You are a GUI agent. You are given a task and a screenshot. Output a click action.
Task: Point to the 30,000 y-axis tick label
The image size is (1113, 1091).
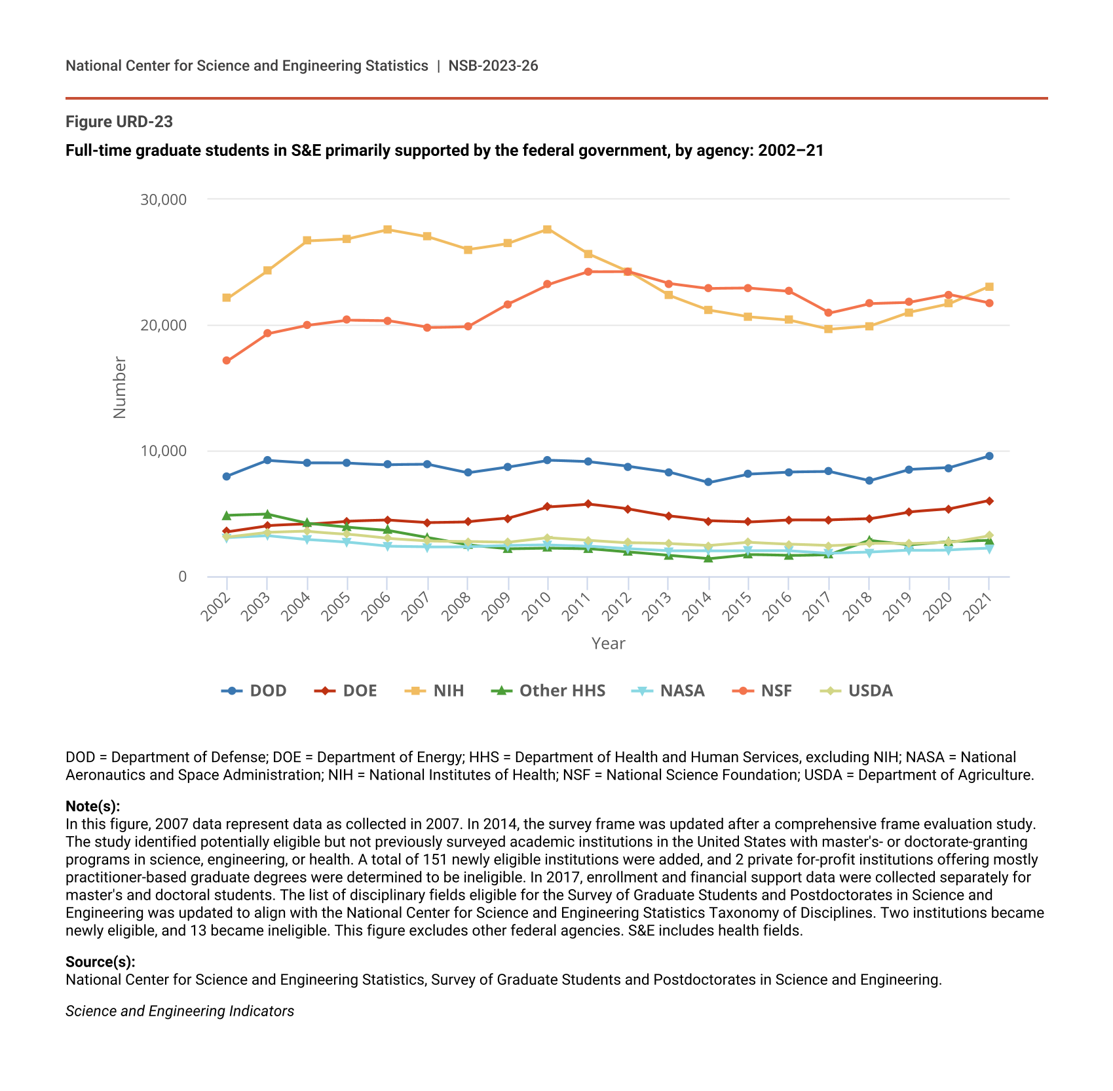click(163, 199)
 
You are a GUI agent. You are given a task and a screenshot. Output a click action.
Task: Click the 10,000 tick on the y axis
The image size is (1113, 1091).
click(163, 451)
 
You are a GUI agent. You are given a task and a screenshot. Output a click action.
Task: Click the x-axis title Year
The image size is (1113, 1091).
click(608, 643)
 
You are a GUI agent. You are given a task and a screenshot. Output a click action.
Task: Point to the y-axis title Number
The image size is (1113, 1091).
click(119, 387)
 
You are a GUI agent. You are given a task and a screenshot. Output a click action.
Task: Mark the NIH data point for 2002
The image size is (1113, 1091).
click(227, 297)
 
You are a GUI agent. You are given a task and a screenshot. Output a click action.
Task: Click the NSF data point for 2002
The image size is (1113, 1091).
click(227, 360)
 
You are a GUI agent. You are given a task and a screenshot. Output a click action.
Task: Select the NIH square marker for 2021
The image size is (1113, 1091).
click(989, 287)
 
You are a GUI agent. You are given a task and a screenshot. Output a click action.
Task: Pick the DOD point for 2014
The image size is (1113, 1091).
click(708, 482)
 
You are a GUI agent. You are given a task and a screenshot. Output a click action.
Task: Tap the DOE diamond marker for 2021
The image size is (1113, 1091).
click(989, 501)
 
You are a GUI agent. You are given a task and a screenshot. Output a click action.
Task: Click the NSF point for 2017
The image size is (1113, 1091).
click(829, 313)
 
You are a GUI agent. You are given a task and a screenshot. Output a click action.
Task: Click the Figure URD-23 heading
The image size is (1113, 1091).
click(119, 122)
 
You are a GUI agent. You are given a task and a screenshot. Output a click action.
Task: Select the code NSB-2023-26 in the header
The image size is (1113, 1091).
click(493, 66)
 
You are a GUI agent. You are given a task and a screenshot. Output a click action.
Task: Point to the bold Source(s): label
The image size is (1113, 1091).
click(100, 962)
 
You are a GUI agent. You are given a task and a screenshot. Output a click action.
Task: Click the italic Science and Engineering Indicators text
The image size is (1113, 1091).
click(179, 1011)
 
